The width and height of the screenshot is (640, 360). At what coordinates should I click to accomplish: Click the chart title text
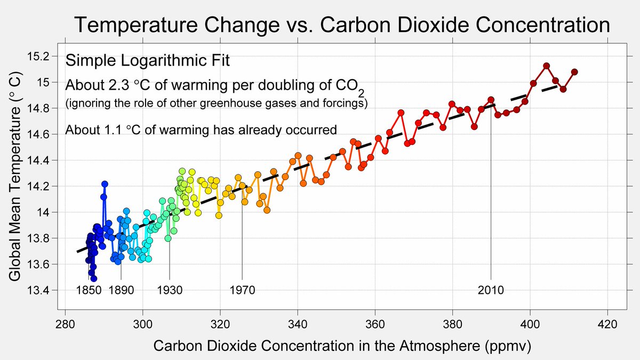point(341,25)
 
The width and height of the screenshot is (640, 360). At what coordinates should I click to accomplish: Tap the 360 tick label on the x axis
point(375,324)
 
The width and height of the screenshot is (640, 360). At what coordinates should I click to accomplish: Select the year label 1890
point(121,291)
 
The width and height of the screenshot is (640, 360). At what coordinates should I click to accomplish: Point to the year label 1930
point(170,291)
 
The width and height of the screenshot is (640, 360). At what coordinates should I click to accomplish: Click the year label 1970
point(242,291)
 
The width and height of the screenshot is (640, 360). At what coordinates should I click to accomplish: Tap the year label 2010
point(491,291)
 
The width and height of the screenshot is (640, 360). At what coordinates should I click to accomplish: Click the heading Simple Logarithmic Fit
point(147,60)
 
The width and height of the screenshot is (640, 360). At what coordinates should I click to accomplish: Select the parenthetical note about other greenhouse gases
point(216,103)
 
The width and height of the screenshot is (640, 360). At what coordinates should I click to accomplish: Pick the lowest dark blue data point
point(94,278)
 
